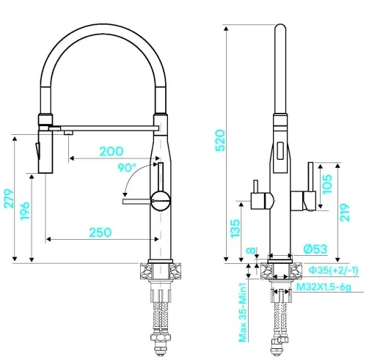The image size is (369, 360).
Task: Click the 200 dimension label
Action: tap(112, 152)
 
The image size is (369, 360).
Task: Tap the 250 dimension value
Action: tap(101, 232)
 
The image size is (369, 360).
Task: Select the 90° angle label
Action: tap(127, 168)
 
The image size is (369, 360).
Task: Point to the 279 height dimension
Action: tap(9, 199)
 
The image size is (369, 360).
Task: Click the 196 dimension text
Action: tap(25, 210)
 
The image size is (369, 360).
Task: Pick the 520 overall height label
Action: tap(220, 141)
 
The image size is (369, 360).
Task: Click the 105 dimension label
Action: tap(327, 184)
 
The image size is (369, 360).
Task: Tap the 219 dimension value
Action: tap(345, 213)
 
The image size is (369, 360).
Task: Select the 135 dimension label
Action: tap(235, 229)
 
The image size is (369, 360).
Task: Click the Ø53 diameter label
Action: tap(315, 249)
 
